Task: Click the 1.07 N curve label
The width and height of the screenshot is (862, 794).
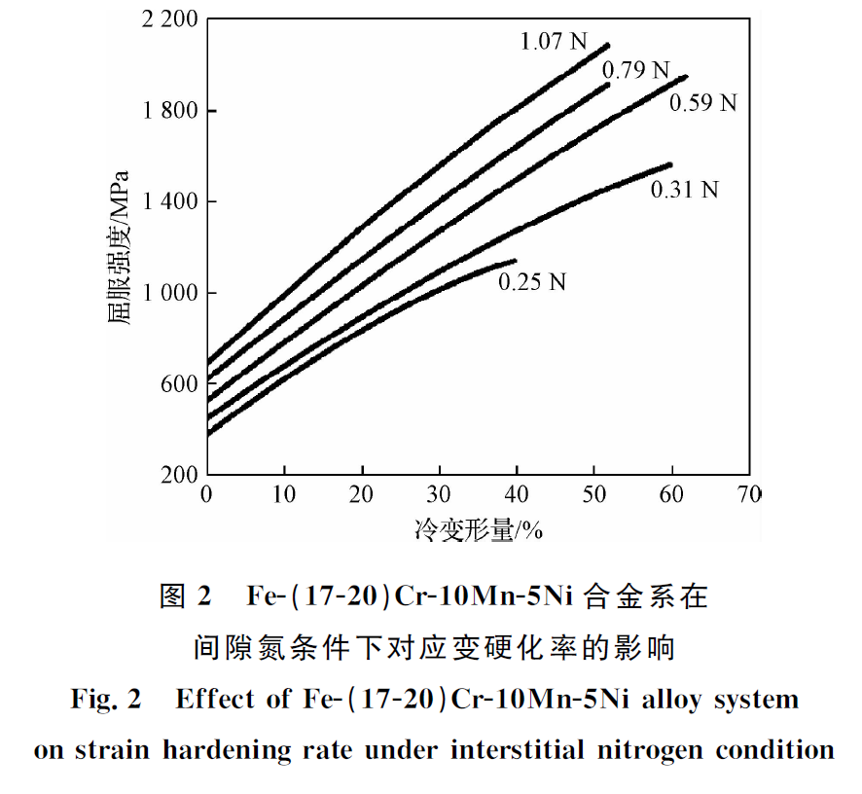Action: (x=554, y=41)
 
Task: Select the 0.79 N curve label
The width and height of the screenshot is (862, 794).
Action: (x=636, y=70)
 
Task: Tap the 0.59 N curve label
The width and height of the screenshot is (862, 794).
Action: (x=703, y=101)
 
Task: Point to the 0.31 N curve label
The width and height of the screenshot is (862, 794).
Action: (x=684, y=190)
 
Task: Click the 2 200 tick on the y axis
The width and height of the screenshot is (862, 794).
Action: (x=170, y=19)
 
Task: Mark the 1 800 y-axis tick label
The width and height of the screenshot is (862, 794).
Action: (x=170, y=110)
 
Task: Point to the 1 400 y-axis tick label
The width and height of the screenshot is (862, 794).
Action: (x=170, y=201)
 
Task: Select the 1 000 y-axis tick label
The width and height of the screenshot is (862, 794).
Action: (x=170, y=292)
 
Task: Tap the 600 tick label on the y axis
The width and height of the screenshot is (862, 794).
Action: (x=179, y=383)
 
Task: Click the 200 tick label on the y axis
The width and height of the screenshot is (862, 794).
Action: (x=179, y=474)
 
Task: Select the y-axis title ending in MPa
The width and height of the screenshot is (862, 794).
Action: (x=119, y=247)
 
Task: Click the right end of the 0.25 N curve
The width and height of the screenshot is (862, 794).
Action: (x=515, y=260)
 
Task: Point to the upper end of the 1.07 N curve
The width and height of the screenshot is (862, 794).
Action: (x=608, y=45)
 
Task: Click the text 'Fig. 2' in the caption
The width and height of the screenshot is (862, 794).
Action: (x=106, y=700)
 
